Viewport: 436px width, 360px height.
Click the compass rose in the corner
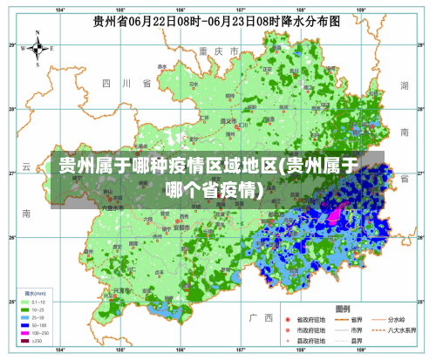pos(37,48)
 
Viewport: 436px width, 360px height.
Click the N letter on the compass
pos(37,34)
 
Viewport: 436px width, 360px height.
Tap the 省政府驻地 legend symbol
pos(287,319)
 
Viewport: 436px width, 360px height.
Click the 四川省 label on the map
pos(127,83)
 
